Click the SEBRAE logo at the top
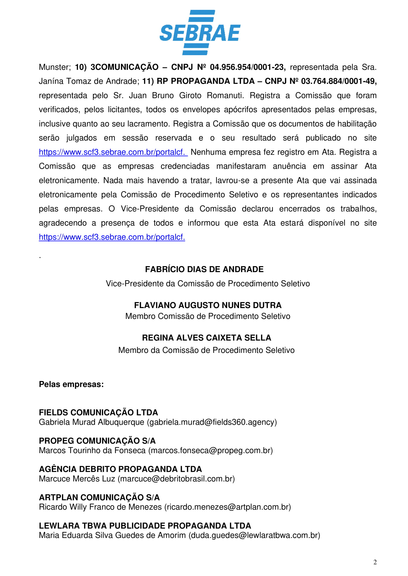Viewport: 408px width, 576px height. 200,33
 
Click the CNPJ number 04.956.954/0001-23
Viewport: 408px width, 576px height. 247,67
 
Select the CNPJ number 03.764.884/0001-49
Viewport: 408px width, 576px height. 338,81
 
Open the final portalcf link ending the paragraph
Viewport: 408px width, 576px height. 112,237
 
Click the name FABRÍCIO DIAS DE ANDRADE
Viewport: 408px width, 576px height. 204,269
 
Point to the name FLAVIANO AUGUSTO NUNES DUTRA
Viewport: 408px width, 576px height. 208,305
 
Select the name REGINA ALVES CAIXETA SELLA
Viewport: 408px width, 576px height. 206,338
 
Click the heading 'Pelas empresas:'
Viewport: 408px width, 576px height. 71,384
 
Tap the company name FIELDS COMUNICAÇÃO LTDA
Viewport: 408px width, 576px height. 98,412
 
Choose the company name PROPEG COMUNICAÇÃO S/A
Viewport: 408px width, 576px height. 97,441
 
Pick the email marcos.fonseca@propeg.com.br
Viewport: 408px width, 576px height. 210,451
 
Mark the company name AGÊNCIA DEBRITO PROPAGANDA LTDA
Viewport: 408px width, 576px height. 120,469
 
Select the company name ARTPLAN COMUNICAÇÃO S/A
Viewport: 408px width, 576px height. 99,497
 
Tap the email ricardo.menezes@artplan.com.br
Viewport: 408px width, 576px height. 227,507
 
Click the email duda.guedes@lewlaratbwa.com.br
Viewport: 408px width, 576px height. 254,535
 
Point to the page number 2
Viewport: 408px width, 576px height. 375,562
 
